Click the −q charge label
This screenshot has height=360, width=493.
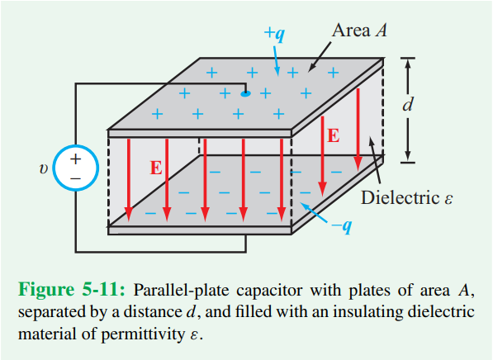click(x=340, y=226)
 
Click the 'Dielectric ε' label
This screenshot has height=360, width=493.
click(x=408, y=199)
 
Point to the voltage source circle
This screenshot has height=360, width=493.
click(x=75, y=168)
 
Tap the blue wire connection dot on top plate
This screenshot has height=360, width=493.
click(x=245, y=93)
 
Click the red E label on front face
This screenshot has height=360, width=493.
click(x=155, y=168)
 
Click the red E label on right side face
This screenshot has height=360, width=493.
click(x=333, y=135)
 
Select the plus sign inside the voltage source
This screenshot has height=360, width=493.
click(x=75, y=159)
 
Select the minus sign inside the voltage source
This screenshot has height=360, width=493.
click(x=75, y=178)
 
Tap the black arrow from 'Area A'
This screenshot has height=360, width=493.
click(x=325, y=57)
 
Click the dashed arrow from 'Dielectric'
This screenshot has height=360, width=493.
click(x=375, y=162)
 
